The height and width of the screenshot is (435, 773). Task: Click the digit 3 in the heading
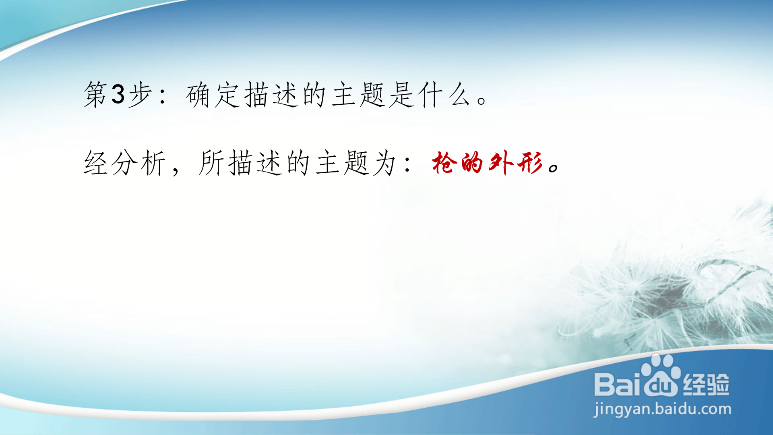(x=118, y=94)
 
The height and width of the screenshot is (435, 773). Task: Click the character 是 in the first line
(x=402, y=95)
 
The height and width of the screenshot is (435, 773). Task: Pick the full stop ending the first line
(x=482, y=100)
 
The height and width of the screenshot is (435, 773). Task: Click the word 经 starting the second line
(x=95, y=163)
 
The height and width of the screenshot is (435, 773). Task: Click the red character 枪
(x=444, y=163)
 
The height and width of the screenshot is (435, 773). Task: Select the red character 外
(x=501, y=163)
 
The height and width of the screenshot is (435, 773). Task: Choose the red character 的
(x=472, y=163)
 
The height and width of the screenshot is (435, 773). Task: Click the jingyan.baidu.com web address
(x=662, y=409)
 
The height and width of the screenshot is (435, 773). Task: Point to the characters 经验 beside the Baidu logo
(x=706, y=384)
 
